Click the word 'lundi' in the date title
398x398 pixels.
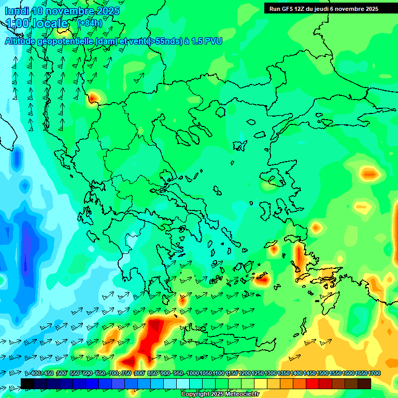(17, 11)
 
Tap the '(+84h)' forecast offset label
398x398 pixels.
(90, 23)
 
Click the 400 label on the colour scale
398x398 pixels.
(36, 374)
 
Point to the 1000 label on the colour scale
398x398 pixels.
(193, 374)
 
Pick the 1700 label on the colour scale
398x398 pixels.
(374, 374)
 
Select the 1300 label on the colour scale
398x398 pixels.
(271, 374)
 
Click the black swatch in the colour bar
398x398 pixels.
(27, 383)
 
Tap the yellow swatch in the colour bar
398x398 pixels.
(261, 383)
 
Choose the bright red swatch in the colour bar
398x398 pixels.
(312, 383)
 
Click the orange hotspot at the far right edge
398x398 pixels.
(369, 174)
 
